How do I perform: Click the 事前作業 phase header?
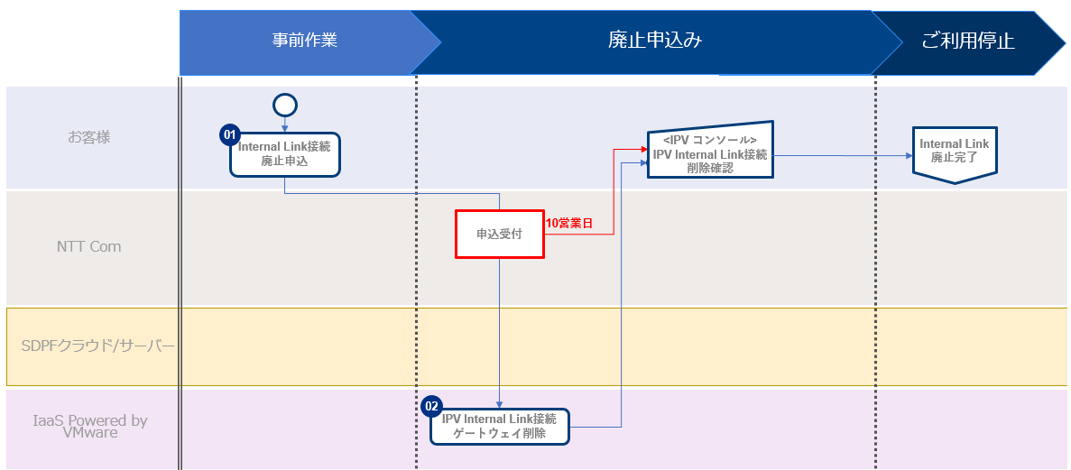(x=305, y=41)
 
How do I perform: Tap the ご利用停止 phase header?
(x=967, y=41)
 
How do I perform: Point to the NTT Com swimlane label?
(x=88, y=246)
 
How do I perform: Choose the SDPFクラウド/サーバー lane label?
(x=97, y=346)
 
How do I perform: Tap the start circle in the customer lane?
(x=285, y=106)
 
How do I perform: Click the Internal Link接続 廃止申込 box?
(x=285, y=154)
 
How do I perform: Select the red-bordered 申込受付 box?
(x=499, y=235)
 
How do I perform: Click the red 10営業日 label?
(x=569, y=223)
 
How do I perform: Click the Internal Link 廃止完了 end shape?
(x=954, y=152)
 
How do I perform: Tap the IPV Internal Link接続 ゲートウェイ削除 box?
(x=499, y=426)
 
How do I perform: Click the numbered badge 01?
(x=229, y=134)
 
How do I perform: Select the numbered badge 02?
(x=432, y=406)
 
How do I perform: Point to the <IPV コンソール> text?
(x=710, y=141)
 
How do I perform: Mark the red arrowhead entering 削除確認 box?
(x=643, y=150)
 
